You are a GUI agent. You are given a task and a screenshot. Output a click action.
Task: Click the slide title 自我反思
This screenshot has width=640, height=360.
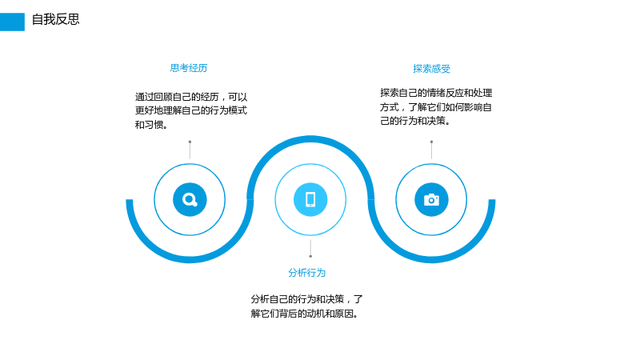pos(55,19)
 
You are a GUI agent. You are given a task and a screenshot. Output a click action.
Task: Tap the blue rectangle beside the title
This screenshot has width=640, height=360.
pos(12,22)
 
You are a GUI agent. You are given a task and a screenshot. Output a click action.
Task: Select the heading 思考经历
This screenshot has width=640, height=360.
pos(189,68)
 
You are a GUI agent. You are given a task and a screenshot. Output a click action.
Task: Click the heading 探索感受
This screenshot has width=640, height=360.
pos(431,69)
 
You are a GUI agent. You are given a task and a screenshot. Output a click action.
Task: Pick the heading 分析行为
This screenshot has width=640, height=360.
pos(307,273)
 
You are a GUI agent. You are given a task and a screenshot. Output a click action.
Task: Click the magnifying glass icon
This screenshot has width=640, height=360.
pos(190,199)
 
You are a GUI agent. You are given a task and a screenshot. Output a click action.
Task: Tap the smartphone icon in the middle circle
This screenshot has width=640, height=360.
pos(310,199)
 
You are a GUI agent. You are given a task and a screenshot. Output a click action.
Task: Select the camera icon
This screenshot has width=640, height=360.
pos(431,199)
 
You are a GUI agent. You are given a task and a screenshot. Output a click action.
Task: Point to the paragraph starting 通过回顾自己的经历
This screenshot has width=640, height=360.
pos(191,110)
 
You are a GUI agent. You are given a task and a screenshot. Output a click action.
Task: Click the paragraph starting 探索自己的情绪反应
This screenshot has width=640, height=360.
pos(436,106)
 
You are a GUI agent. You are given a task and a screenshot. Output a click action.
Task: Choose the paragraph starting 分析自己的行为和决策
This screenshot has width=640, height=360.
pos(306,306)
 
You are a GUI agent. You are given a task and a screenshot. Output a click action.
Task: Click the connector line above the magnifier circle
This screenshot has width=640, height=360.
pos(190,150)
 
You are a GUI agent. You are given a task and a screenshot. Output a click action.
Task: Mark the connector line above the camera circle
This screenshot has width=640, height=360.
pos(431,150)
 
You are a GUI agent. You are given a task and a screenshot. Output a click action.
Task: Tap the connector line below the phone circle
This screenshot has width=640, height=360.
pos(310,249)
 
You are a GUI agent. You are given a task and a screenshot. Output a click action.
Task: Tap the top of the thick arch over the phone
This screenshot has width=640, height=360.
pos(310,138)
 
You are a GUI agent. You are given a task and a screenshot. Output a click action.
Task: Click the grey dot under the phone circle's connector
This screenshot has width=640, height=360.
pos(310,256)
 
